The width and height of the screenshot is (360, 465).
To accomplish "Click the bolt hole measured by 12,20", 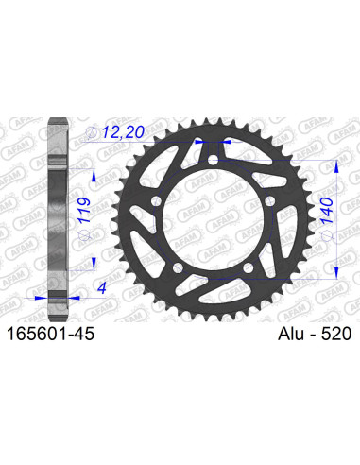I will coord(198,144).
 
